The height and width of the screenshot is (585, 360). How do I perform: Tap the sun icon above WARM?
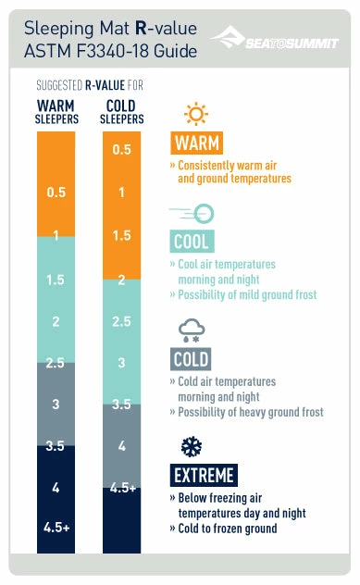[x=194, y=114]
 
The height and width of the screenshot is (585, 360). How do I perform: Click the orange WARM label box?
[x=197, y=143]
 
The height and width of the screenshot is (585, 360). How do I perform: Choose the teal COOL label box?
[x=192, y=243]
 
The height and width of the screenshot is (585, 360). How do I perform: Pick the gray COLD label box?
[x=191, y=359]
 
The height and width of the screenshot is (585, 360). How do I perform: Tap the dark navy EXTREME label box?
[x=204, y=476]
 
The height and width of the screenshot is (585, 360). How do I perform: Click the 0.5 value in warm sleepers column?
[x=56, y=193]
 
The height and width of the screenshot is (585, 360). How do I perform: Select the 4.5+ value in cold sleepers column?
[x=121, y=489]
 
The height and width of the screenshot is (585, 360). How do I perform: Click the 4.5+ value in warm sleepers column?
[x=56, y=528]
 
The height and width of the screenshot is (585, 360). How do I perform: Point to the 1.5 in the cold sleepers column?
[x=121, y=236]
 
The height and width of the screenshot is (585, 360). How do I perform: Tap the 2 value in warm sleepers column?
[x=56, y=321]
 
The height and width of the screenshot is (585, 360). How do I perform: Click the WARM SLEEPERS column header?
[x=56, y=111]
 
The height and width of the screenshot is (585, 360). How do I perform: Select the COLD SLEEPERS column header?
[x=121, y=111]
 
